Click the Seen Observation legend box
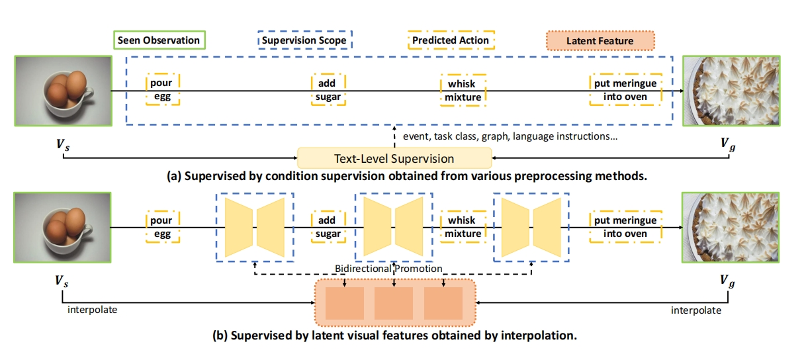point(158,40)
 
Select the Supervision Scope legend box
point(305,40)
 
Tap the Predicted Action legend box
point(451,40)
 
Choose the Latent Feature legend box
point(600,41)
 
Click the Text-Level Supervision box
point(394,159)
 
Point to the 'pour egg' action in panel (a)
point(161,90)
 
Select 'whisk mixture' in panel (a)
point(463,91)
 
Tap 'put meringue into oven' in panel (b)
point(625,227)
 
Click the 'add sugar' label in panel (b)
point(328,227)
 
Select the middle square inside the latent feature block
point(394,303)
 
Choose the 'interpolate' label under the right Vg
point(696,310)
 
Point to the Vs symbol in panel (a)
point(61,144)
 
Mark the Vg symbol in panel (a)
point(729,144)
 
